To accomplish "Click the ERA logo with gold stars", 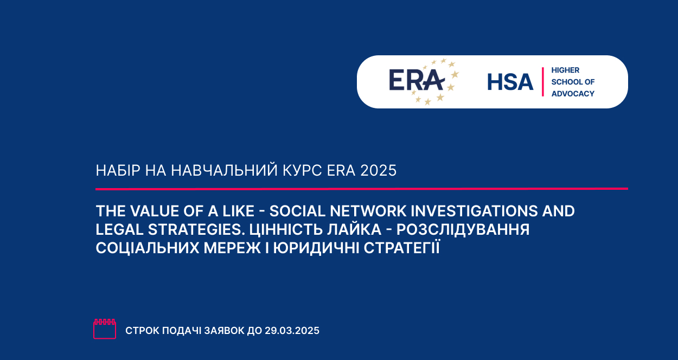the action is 424,82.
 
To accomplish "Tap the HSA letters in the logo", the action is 510,82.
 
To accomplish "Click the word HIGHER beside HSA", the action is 565,70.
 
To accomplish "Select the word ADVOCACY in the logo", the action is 573,94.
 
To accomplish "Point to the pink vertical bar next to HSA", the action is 543,82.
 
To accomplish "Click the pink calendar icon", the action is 105,329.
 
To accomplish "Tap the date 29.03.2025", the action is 292,331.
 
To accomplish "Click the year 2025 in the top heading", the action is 379,170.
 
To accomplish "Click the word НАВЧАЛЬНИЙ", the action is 225,170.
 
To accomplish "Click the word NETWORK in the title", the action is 368,211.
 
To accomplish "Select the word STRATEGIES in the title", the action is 196,230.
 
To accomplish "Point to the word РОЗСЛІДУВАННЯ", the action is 463,230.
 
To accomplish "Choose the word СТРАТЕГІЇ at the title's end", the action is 402,247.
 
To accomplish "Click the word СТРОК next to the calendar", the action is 142,331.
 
